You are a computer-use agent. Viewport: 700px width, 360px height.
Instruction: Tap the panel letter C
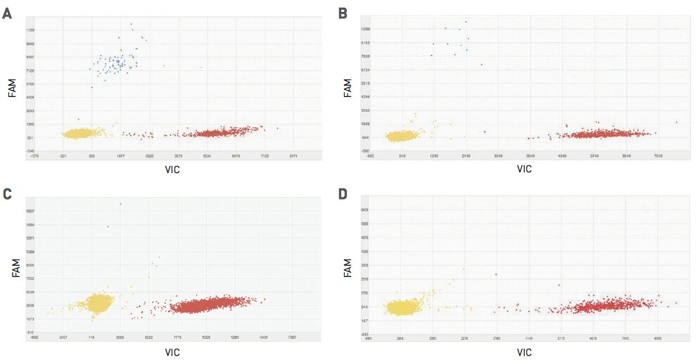point(7,193)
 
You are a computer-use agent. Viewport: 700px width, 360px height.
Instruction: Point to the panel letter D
point(343,193)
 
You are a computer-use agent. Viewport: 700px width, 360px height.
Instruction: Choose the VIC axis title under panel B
point(524,169)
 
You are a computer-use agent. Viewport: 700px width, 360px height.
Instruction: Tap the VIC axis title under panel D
point(524,352)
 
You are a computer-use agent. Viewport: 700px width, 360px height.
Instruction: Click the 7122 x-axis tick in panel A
point(265,156)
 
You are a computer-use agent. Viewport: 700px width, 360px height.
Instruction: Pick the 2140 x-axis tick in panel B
point(466,156)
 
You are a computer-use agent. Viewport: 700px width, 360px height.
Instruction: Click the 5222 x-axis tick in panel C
point(149,338)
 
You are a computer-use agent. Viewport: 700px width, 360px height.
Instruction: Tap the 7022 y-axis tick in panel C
point(30,278)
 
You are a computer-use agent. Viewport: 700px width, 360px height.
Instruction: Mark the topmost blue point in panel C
point(120,204)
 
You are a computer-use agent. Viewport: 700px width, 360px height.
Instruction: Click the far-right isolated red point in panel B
point(676,122)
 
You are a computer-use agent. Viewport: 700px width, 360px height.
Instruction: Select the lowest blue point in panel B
point(481,65)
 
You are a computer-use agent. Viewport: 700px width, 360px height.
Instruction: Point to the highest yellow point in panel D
point(464,269)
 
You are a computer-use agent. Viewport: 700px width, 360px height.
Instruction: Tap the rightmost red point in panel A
point(277,128)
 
